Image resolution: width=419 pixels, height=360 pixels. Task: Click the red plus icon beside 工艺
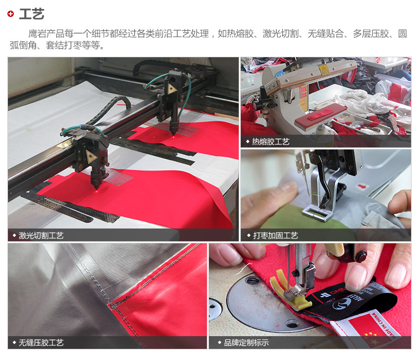click(x=11, y=14)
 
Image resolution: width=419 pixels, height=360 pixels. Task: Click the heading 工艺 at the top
click(x=31, y=14)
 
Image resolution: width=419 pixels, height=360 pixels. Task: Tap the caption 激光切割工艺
click(x=41, y=235)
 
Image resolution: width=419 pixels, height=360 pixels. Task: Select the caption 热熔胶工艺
click(x=270, y=142)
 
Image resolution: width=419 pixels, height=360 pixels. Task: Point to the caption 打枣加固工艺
click(x=275, y=235)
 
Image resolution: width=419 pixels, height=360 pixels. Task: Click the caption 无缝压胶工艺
click(x=41, y=343)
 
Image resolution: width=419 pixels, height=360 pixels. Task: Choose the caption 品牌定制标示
click(x=247, y=343)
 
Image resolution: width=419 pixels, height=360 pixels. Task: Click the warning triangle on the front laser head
click(x=91, y=157)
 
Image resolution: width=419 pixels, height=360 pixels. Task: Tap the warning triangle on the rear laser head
click(x=171, y=89)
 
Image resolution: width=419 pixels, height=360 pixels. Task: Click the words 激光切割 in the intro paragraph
click(x=281, y=34)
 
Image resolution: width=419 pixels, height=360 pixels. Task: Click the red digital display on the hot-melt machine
click(x=303, y=92)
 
